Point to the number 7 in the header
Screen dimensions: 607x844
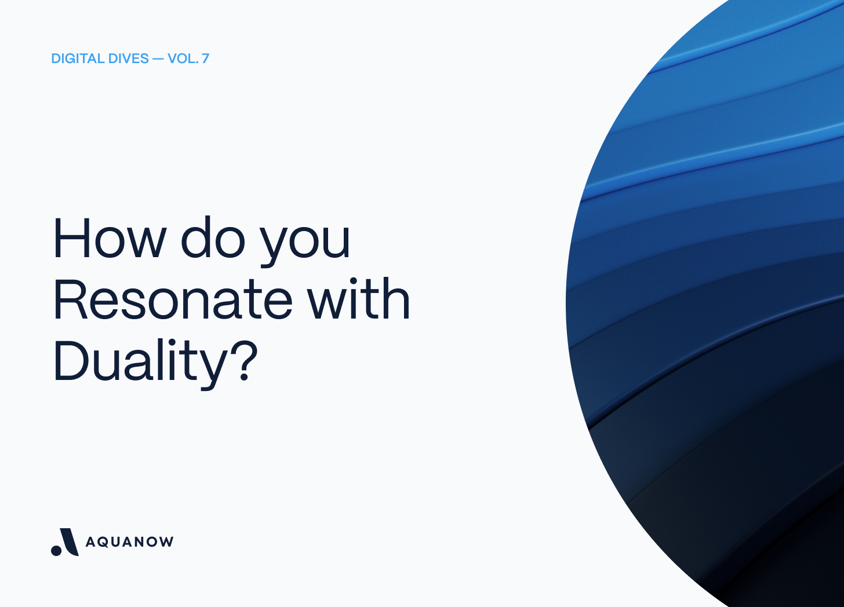point(205,58)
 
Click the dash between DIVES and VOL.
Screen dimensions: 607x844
point(158,58)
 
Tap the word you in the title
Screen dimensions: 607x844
point(305,242)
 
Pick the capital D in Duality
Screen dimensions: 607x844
point(70,360)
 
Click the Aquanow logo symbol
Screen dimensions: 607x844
point(65,542)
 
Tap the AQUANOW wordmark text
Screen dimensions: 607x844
point(129,542)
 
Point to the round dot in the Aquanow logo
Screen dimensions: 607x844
point(57,550)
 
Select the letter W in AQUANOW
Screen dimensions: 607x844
point(166,542)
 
